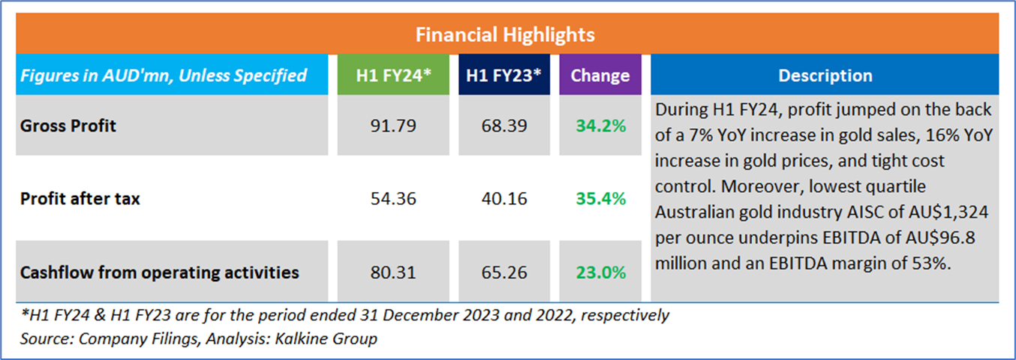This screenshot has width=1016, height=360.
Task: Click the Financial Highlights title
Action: pos(504,34)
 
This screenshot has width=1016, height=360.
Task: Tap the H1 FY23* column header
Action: pos(503,75)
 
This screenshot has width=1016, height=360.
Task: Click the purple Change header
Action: pos(600,75)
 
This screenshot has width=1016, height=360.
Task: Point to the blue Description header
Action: pos(825,75)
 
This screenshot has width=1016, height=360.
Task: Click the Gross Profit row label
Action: pos(68,126)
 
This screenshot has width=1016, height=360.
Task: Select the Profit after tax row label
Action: pos(80,199)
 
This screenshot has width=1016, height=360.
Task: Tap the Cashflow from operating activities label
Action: pos(160,272)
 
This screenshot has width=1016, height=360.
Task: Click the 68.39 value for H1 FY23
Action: pos(503,126)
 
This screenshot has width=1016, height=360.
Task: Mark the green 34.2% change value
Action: pos(600,126)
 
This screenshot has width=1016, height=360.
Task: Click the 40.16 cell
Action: pos(503,199)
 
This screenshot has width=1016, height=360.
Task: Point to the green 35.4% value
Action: pos(600,199)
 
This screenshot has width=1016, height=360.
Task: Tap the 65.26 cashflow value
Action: pos(503,272)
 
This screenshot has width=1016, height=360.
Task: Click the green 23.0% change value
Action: pos(600,272)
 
